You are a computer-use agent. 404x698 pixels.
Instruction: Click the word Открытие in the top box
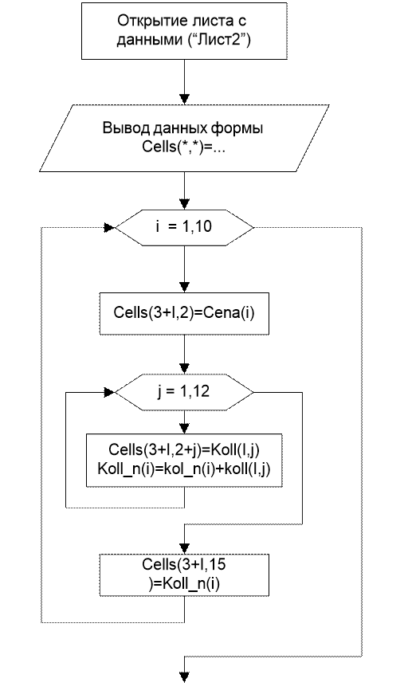pos(145,20)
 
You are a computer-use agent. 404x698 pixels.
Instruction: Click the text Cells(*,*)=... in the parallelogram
pos(184,147)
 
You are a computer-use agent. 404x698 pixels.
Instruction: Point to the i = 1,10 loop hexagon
pos(184,227)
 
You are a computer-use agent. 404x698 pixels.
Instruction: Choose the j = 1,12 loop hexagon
pos(184,392)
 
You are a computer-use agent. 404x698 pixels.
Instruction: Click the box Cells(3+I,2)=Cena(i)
pos(184,313)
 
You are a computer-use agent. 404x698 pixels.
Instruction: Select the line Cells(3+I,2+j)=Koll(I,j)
pos(184,449)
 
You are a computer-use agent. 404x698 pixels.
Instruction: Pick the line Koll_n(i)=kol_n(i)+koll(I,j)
pos(184,469)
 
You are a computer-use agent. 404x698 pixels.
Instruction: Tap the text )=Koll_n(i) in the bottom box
pos(184,583)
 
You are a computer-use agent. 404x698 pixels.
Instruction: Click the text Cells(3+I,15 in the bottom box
pos(184,564)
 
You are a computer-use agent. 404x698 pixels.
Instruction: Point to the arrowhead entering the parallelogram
pos(184,100)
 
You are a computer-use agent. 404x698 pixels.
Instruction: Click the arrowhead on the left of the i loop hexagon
pos(109,227)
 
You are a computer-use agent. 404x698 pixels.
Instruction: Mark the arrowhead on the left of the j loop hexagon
pos(109,392)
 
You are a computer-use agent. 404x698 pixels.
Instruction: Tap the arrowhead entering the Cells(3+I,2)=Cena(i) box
pos(184,288)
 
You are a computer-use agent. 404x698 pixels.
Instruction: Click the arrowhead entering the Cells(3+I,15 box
pos(184,549)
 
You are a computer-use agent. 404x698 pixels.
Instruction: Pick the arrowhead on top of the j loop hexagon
pos(184,369)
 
